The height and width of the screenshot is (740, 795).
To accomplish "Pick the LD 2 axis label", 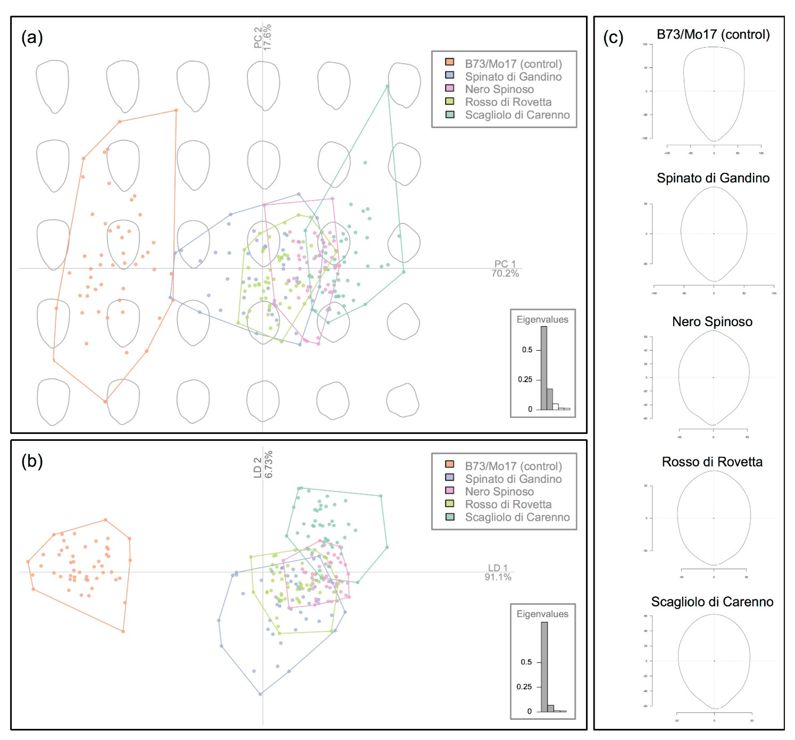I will click(263, 465).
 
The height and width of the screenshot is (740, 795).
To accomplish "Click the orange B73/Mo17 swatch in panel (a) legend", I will click(450, 62).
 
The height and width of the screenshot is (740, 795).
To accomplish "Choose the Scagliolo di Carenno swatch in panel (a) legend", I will click(450, 114).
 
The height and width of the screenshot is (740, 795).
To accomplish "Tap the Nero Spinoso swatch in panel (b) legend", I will click(450, 490).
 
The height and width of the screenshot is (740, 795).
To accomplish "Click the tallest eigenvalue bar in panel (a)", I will click(544, 368).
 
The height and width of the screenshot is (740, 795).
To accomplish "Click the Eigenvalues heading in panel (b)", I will click(542, 614).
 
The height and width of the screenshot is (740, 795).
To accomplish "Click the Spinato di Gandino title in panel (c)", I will click(713, 178).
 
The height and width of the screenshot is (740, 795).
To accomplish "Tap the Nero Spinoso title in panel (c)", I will click(712, 321).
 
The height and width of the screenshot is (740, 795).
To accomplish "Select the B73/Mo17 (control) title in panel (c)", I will click(713, 34).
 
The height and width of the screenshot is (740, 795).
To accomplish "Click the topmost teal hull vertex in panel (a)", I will click(387, 86).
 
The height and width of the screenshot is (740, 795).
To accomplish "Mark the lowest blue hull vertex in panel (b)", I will click(260, 694).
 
